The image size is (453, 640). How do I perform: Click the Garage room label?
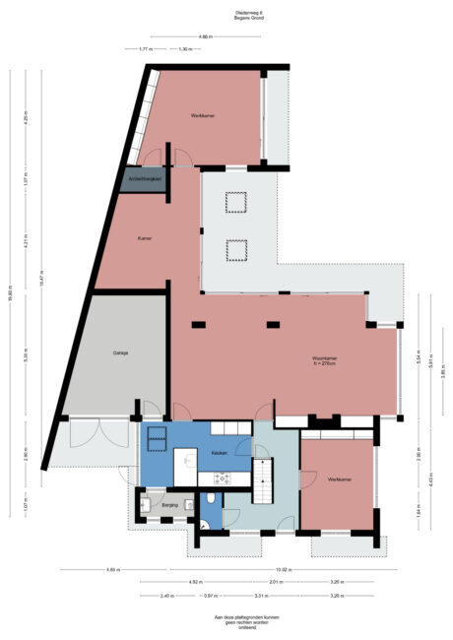[120, 353]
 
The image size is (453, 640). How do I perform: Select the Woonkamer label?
[326, 358]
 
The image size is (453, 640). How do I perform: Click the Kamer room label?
[145, 237]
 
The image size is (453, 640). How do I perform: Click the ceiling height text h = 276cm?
[326, 364]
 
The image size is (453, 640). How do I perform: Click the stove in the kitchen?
[223, 479]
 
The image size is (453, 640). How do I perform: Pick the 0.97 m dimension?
[210, 596]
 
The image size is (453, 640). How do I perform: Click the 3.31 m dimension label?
[260, 596]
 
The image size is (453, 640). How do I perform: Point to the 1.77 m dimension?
[144, 49]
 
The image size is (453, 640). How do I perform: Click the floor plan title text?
[226, 16]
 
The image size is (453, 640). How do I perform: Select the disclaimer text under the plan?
[226, 621]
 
